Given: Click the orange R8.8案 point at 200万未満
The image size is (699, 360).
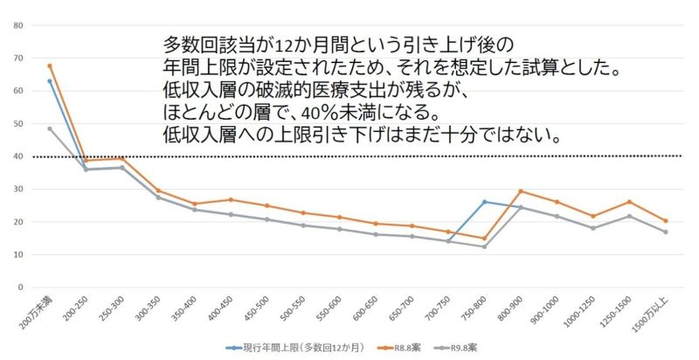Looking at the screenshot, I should click(50, 66).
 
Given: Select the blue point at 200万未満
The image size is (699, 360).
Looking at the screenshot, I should click(50, 80).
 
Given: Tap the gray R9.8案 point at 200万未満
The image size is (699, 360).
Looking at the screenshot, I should click(50, 128).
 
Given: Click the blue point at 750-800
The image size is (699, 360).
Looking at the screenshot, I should click(484, 202).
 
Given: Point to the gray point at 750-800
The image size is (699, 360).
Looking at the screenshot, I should click(484, 246).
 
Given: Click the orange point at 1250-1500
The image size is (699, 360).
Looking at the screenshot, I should click(629, 202).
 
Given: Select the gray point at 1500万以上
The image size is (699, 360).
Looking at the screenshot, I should click(666, 232).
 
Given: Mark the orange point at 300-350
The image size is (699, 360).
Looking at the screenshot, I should click(158, 190).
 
